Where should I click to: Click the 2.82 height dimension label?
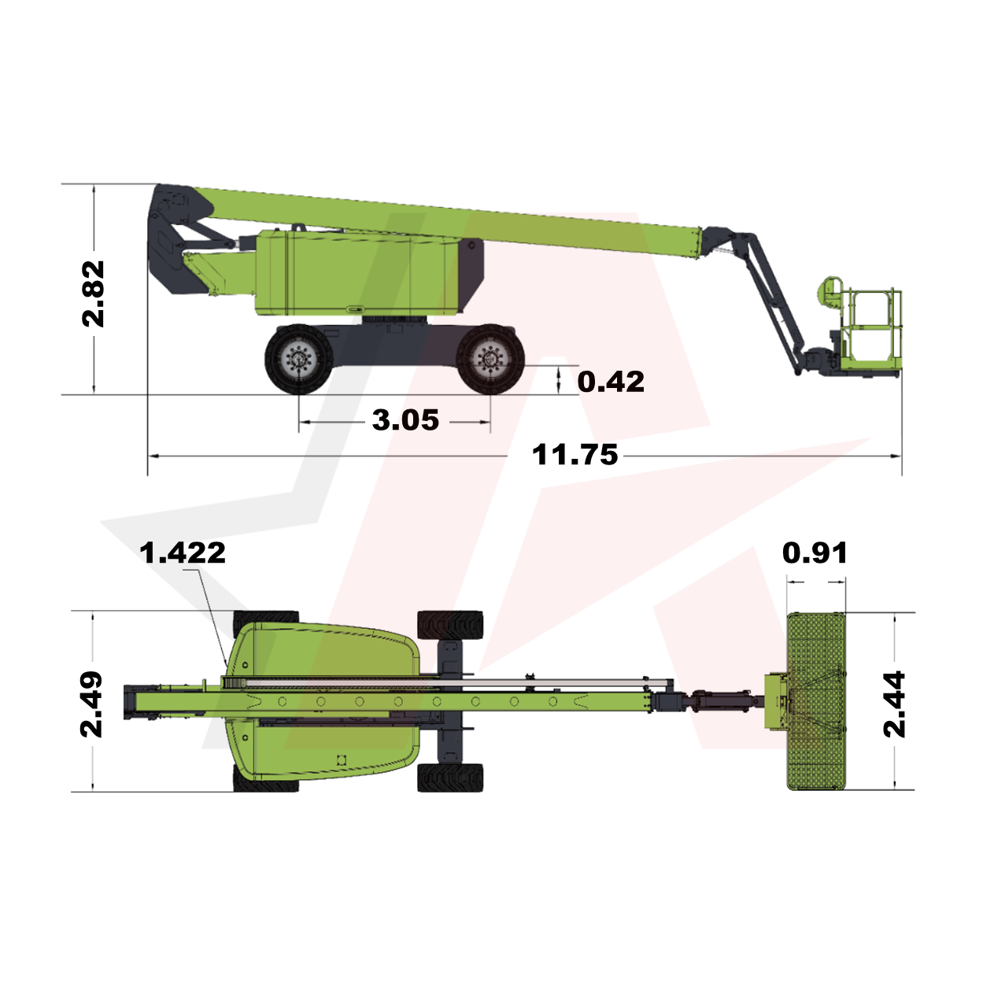[x=94, y=294]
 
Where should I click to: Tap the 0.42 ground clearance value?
[x=611, y=382]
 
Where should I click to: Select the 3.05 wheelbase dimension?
[x=405, y=420]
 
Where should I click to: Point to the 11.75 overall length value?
[x=575, y=455]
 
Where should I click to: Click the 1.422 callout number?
[x=183, y=553]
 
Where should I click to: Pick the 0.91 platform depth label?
[x=815, y=553]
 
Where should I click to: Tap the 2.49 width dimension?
[x=92, y=704]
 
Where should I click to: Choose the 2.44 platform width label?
[x=894, y=704]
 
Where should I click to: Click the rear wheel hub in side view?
[x=298, y=359]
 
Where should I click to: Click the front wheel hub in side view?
[x=490, y=359]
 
